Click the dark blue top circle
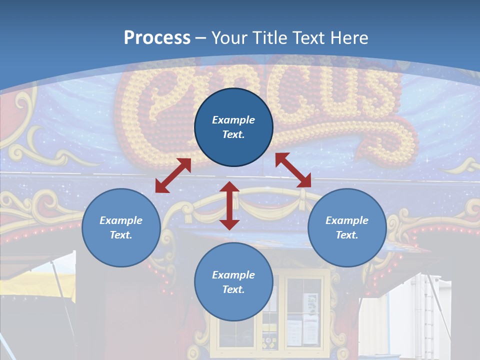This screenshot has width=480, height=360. pyautogui.click(x=233, y=127)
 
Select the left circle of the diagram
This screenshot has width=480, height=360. pyautogui.click(x=121, y=227)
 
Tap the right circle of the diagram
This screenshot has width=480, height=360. pyautogui.click(x=347, y=227)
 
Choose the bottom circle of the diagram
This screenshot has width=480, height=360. pyautogui.click(x=233, y=282)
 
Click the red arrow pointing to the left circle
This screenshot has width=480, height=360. pyautogui.click(x=173, y=175)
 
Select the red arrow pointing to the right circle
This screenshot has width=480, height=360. pyautogui.click(x=293, y=170)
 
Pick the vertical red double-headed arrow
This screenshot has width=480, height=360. pyautogui.click(x=229, y=205)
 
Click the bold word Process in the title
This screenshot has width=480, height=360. pyautogui.click(x=157, y=38)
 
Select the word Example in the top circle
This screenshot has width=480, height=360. pyautogui.click(x=233, y=120)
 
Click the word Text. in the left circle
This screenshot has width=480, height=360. pyautogui.click(x=121, y=235)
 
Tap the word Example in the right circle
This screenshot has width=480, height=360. pyautogui.click(x=347, y=220)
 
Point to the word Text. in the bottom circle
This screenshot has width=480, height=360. pyautogui.click(x=233, y=289)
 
